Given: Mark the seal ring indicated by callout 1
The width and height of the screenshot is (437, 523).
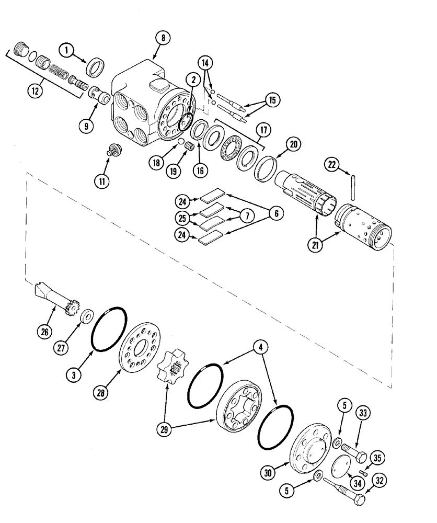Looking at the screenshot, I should (97, 68).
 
